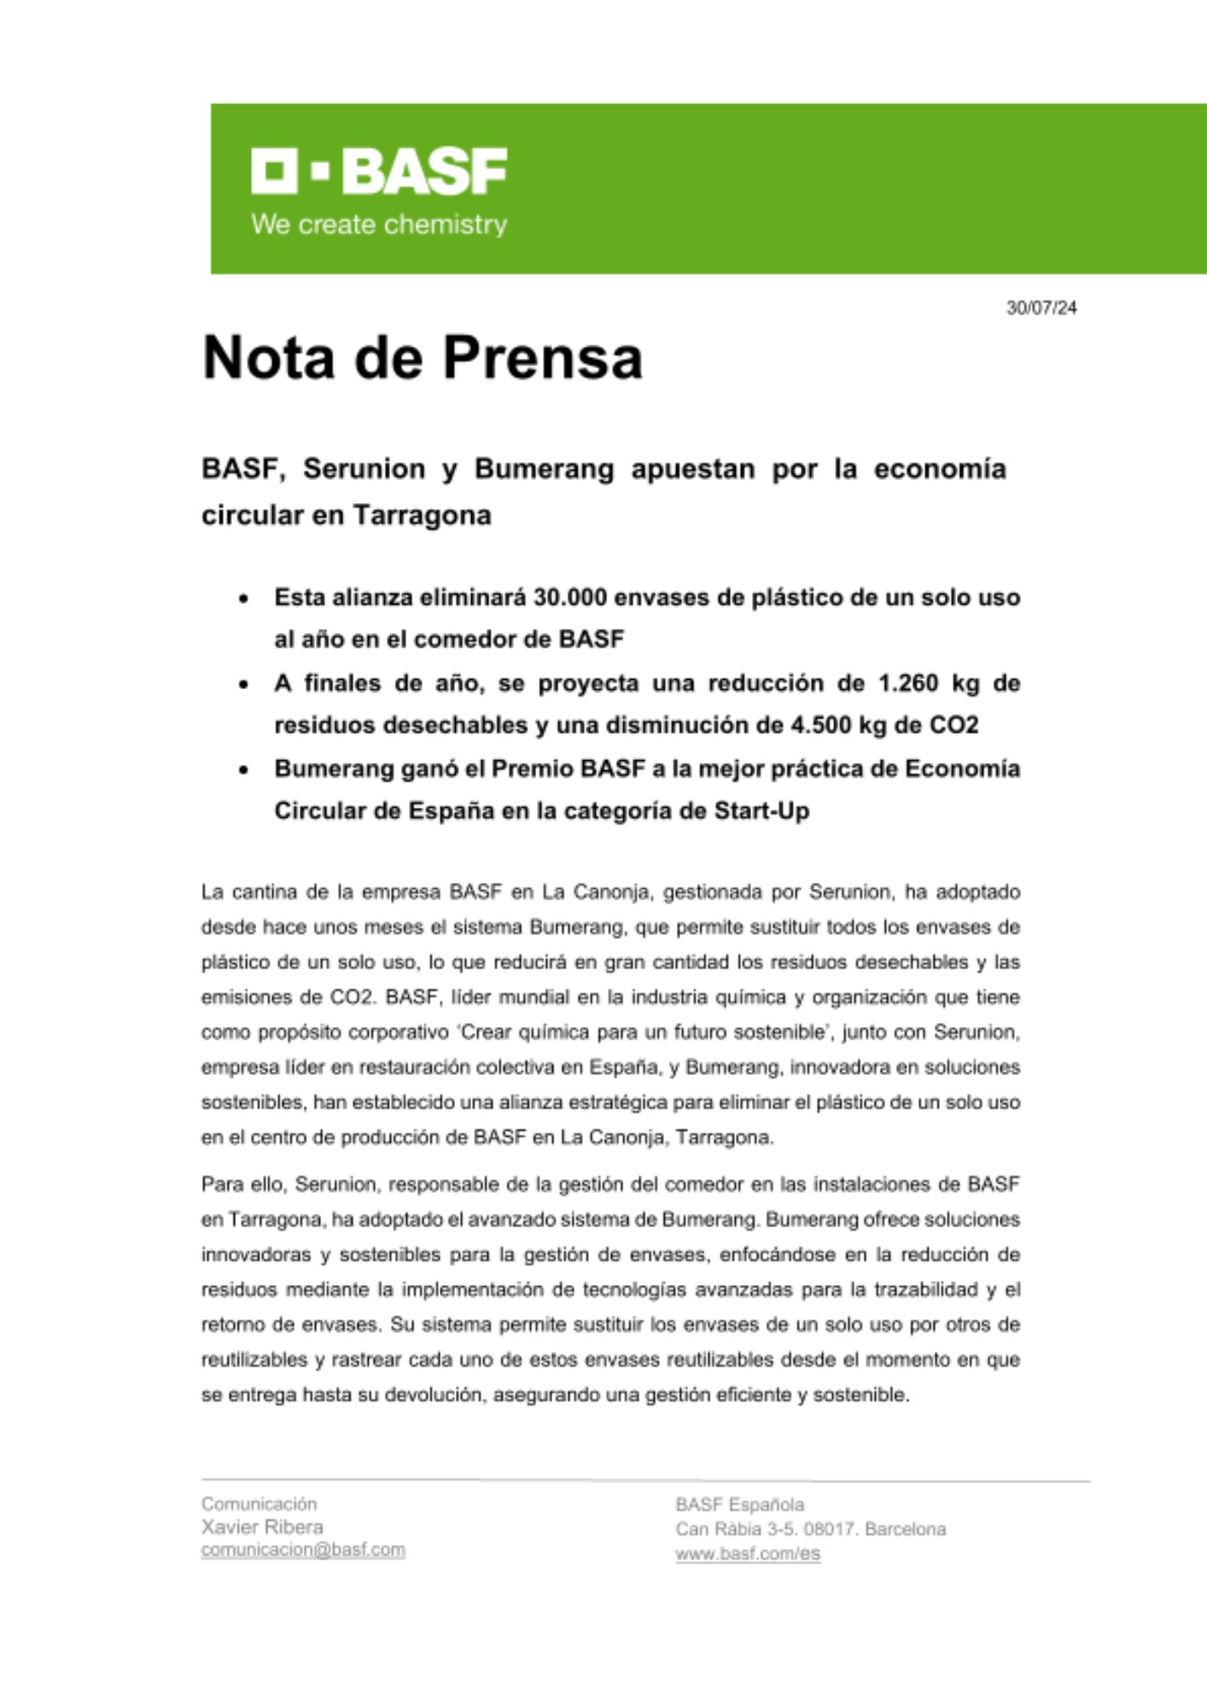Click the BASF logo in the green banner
point(379,171)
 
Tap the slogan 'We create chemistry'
point(379,225)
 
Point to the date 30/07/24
point(1041,307)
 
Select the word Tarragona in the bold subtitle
point(422,515)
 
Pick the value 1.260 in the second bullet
point(908,683)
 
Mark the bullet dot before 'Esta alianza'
point(244,599)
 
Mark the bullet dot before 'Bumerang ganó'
point(244,769)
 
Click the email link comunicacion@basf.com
point(303,1549)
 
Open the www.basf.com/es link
point(748,1553)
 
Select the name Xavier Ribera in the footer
point(262,1527)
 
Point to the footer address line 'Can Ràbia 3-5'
point(810,1529)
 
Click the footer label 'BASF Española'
point(739,1505)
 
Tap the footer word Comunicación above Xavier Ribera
point(259,1504)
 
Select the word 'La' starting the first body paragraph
point(213,892)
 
